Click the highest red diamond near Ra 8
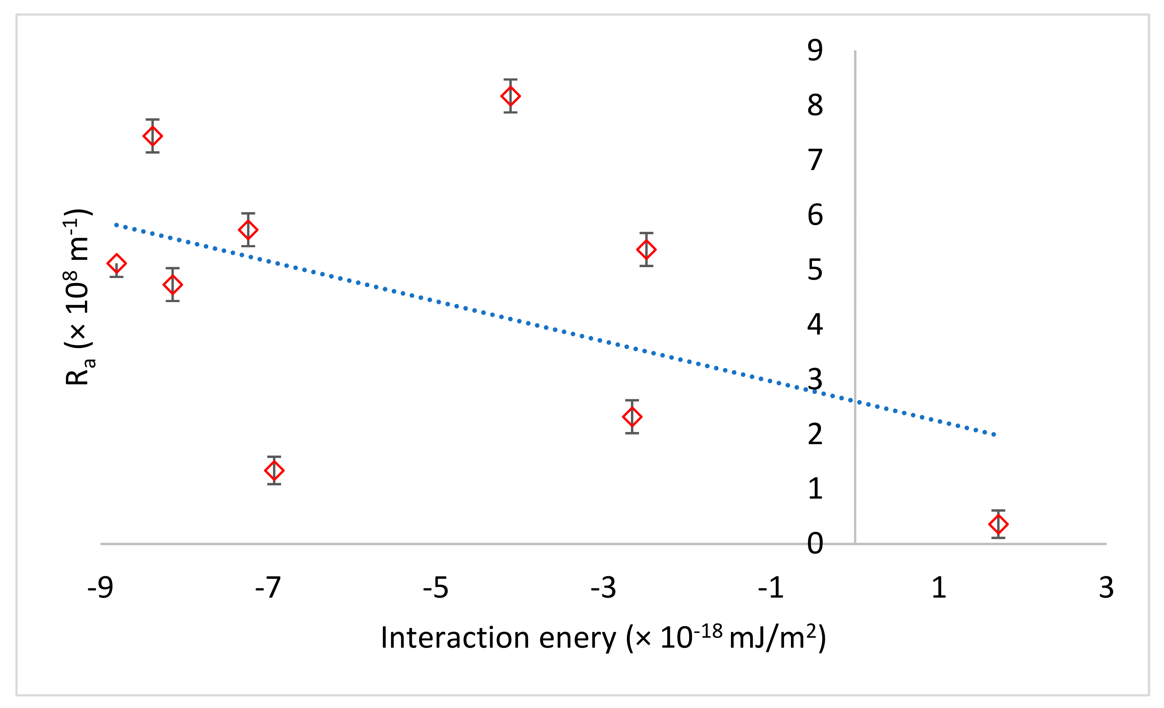pos(510,96)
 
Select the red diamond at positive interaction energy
pos(998,524)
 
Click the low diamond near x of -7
pos(274,470)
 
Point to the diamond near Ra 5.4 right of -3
pos(646,249)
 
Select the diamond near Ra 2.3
pos(632,417)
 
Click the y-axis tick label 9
pos(815,50)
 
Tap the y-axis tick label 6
pos(815,215)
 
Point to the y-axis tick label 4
pos(815,325)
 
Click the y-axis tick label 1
pos(815,489)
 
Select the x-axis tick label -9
pos(100,588)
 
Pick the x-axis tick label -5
pos(435,588)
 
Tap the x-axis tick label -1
pos(770,588)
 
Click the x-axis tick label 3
pos(1106,588)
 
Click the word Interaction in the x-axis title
pos(455,638)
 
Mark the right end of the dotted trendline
pos(994,434)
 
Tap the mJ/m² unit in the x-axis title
pos(772,638)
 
